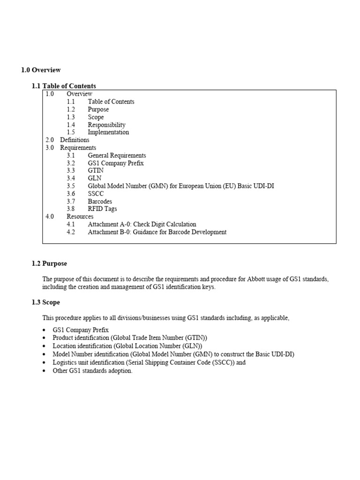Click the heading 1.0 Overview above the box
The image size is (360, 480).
point(41,70)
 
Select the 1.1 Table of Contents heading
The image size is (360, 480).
point(64,86)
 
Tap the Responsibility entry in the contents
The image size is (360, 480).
point(106,125)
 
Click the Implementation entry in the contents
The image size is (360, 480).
point(108,132)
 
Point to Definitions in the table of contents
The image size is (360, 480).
point(75,140)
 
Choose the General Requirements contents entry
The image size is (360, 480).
point(117,155)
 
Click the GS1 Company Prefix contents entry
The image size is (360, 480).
point(115,163)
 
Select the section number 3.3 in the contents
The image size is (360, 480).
point(71,171)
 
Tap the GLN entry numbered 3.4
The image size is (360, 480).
point(94,178)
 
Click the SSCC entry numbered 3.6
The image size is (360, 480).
point(96,194)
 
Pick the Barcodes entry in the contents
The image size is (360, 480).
point(100,201)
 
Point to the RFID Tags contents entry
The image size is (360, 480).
point(102,209)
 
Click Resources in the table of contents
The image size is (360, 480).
point(80,217)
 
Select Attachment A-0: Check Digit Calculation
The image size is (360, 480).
point(142,224)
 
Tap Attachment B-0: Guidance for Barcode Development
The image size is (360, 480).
point(157,232)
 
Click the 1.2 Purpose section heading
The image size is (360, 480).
point(49,264)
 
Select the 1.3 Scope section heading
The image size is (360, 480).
point(46,302)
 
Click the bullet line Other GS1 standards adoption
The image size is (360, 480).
point(92,371)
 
